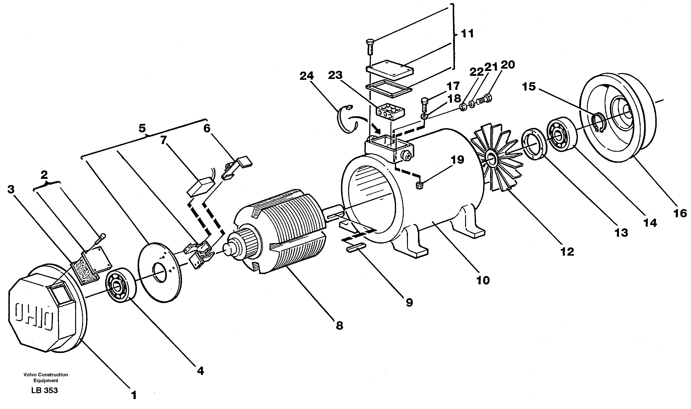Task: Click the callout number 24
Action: (307, 76)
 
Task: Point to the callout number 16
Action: (680, 213)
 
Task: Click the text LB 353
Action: (45, 391)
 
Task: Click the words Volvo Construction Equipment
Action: (46, 377)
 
